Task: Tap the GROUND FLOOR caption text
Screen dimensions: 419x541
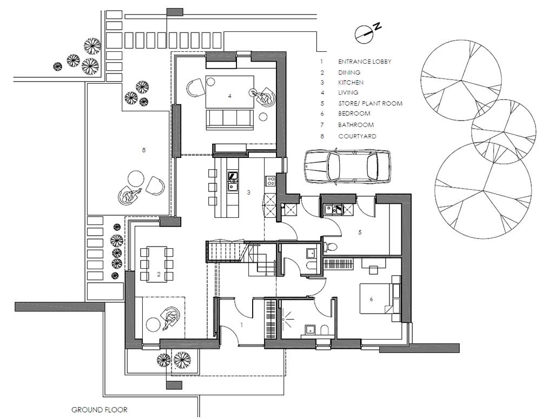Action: click(100, 410)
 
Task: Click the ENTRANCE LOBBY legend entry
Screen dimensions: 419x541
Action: click(364, 62)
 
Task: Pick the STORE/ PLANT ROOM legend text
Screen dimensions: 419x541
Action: click(370, 103)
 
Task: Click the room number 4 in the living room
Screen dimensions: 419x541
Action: click(229, 96)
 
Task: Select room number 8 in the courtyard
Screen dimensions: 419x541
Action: click(143, 150)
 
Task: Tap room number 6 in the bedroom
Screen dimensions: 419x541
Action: click(371, 298)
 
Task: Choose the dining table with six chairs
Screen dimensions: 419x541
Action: click(156, 263)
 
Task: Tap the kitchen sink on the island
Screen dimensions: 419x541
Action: click(233, 187)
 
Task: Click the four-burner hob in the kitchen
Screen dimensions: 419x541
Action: click(270, 181)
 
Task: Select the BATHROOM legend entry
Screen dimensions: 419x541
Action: click(356, 125)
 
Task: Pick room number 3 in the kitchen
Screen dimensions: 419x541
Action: click(248, 192)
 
